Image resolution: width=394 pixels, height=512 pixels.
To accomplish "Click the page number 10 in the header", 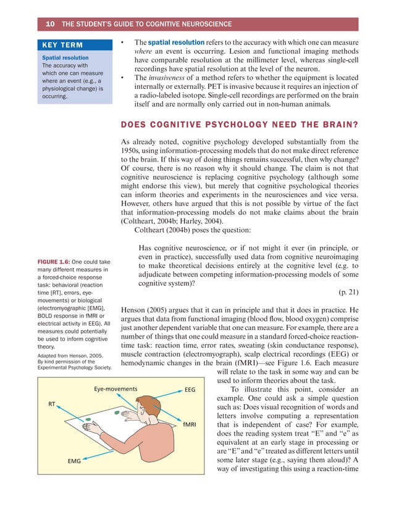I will point(49,24).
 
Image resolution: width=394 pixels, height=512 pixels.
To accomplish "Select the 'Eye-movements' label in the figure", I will point(115,389).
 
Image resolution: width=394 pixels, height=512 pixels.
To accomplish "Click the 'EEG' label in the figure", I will point(190,390).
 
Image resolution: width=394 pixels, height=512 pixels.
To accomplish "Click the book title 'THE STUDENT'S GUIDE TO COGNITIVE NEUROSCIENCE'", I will point(147,24).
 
